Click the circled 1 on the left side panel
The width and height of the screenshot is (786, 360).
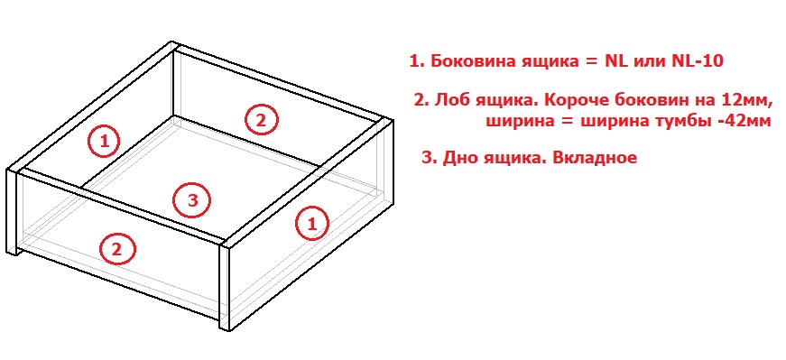[x=105, y=141]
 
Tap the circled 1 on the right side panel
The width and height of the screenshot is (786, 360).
[x=312, y=223]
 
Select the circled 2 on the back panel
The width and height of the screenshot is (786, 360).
[x=261, y=120]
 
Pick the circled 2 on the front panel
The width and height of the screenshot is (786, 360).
[x=117, y=249]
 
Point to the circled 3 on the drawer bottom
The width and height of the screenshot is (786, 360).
[x=193, y=200]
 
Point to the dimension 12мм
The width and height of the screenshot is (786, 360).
[x=744, y=100]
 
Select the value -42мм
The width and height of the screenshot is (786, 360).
[x=744, y=121]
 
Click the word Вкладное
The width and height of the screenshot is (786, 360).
[x=594, y=157]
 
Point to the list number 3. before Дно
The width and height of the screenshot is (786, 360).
[x=430, y=157]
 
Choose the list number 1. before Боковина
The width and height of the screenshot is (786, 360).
[x=419, y=61]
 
